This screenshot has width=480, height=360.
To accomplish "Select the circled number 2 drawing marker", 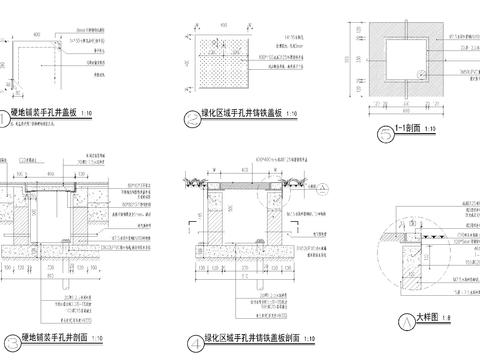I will [189, 116].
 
